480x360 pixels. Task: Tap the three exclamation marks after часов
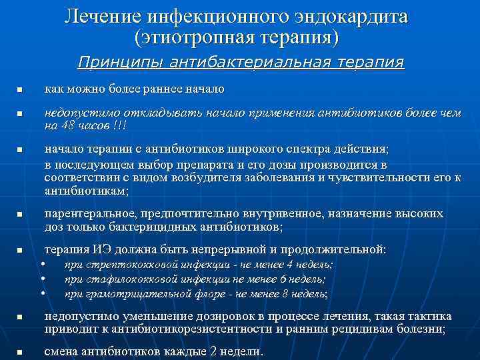tap(121, 125)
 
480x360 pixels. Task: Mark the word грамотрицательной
tap(131, 293)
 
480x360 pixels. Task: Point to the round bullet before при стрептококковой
tap(43, 265)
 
